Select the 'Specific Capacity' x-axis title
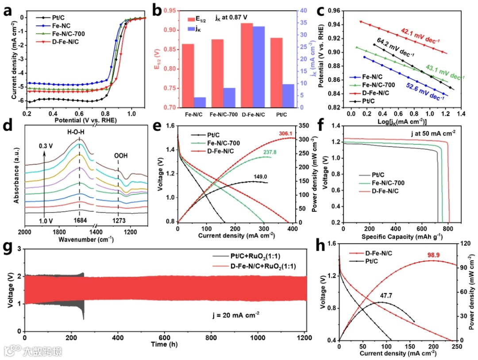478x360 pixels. click(393, 236)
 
